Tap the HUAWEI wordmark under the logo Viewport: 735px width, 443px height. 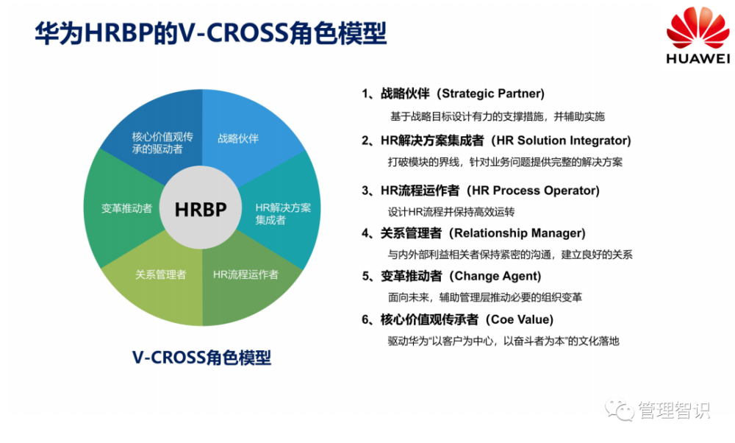tap(698, 59)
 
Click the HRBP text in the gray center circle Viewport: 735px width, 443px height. tap(201, 209)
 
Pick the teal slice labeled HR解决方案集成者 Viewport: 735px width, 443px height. tap(282, 213)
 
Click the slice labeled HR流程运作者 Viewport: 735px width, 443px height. tap(245, 274)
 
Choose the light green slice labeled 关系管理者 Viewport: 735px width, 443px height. tap(160, 274)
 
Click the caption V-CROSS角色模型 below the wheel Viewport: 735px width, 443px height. tap(201, 358)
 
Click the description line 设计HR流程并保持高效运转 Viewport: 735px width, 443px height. tap(451, 211)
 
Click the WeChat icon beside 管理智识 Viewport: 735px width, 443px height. tap(619, 410)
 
